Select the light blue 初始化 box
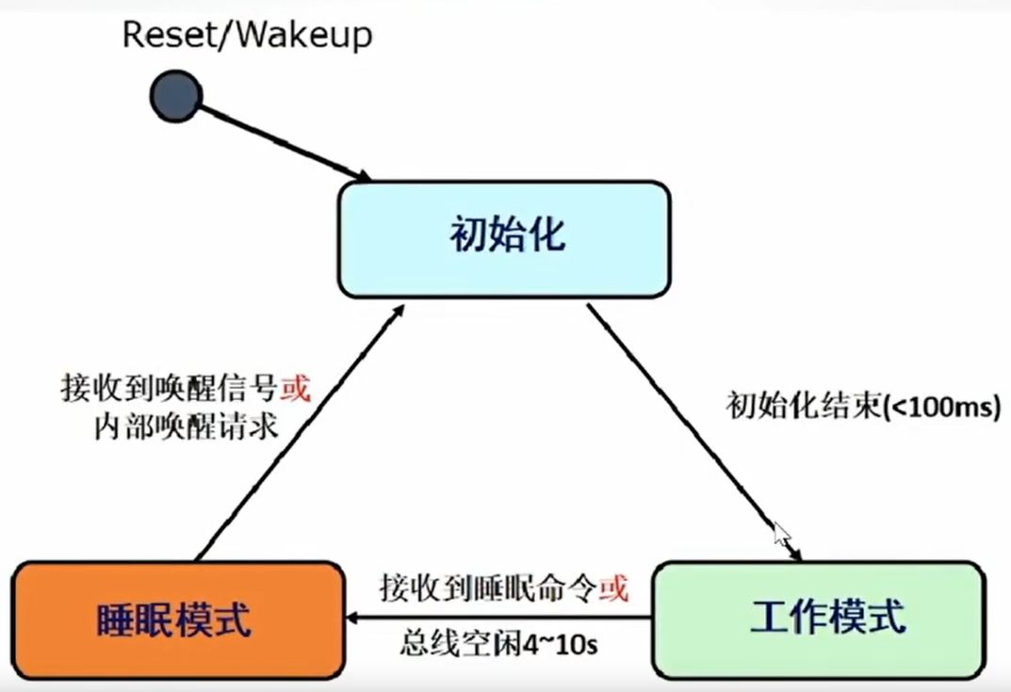point(504,238)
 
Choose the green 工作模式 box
point(817,620)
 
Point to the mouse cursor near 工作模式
point(781,534)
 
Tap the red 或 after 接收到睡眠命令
point(613,588)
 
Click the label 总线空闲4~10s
point(500,647)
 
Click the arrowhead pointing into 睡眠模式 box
point(354,619)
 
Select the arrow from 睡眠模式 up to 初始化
point(297,432)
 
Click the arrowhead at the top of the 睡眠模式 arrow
point(399,311)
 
